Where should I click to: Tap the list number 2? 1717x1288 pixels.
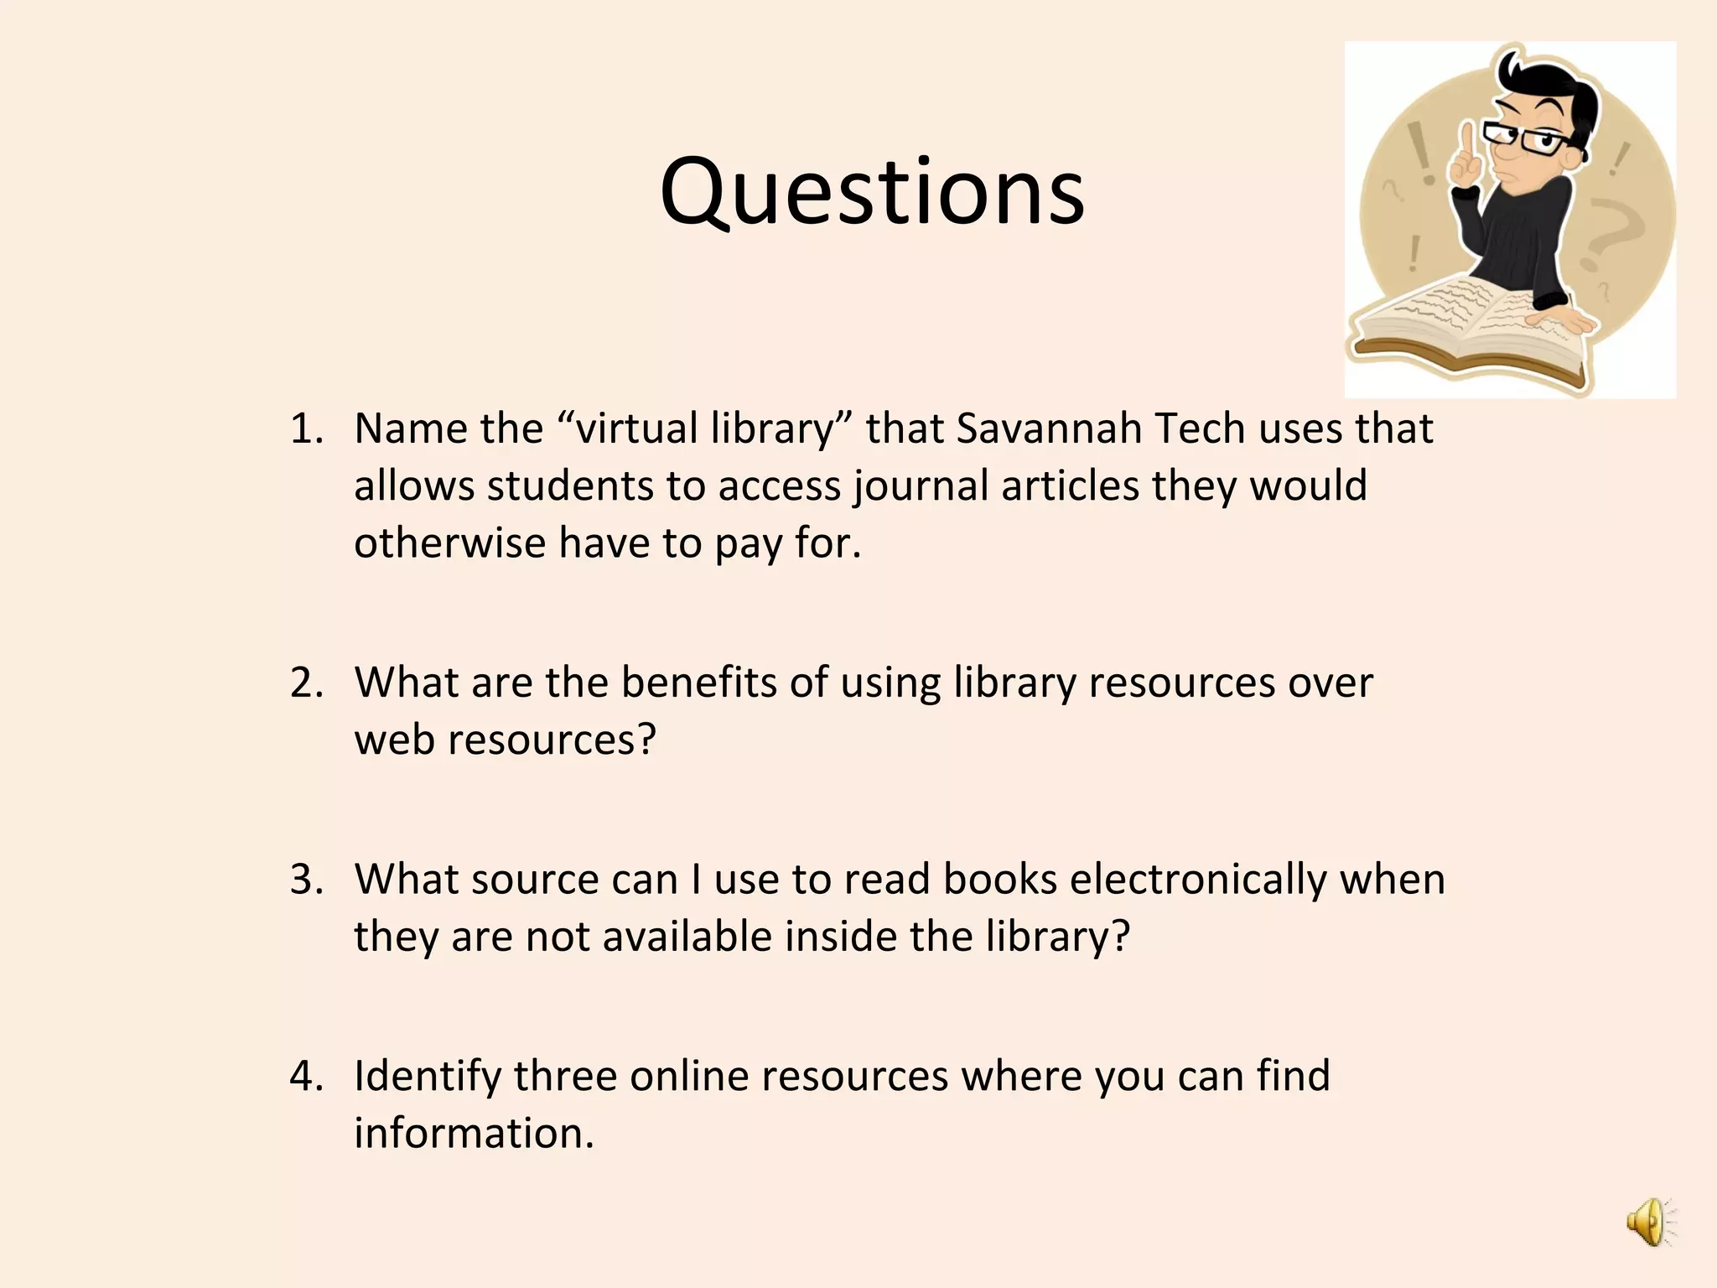[x=307, y=683]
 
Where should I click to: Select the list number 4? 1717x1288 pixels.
[x=307, y=1076]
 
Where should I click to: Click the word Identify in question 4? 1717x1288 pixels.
[x=428, y=1076]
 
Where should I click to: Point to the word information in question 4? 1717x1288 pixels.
[x=473, y=1133]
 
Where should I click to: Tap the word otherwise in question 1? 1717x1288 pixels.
[x=449, y=543]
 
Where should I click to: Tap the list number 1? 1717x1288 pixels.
[x=307, y=428]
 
